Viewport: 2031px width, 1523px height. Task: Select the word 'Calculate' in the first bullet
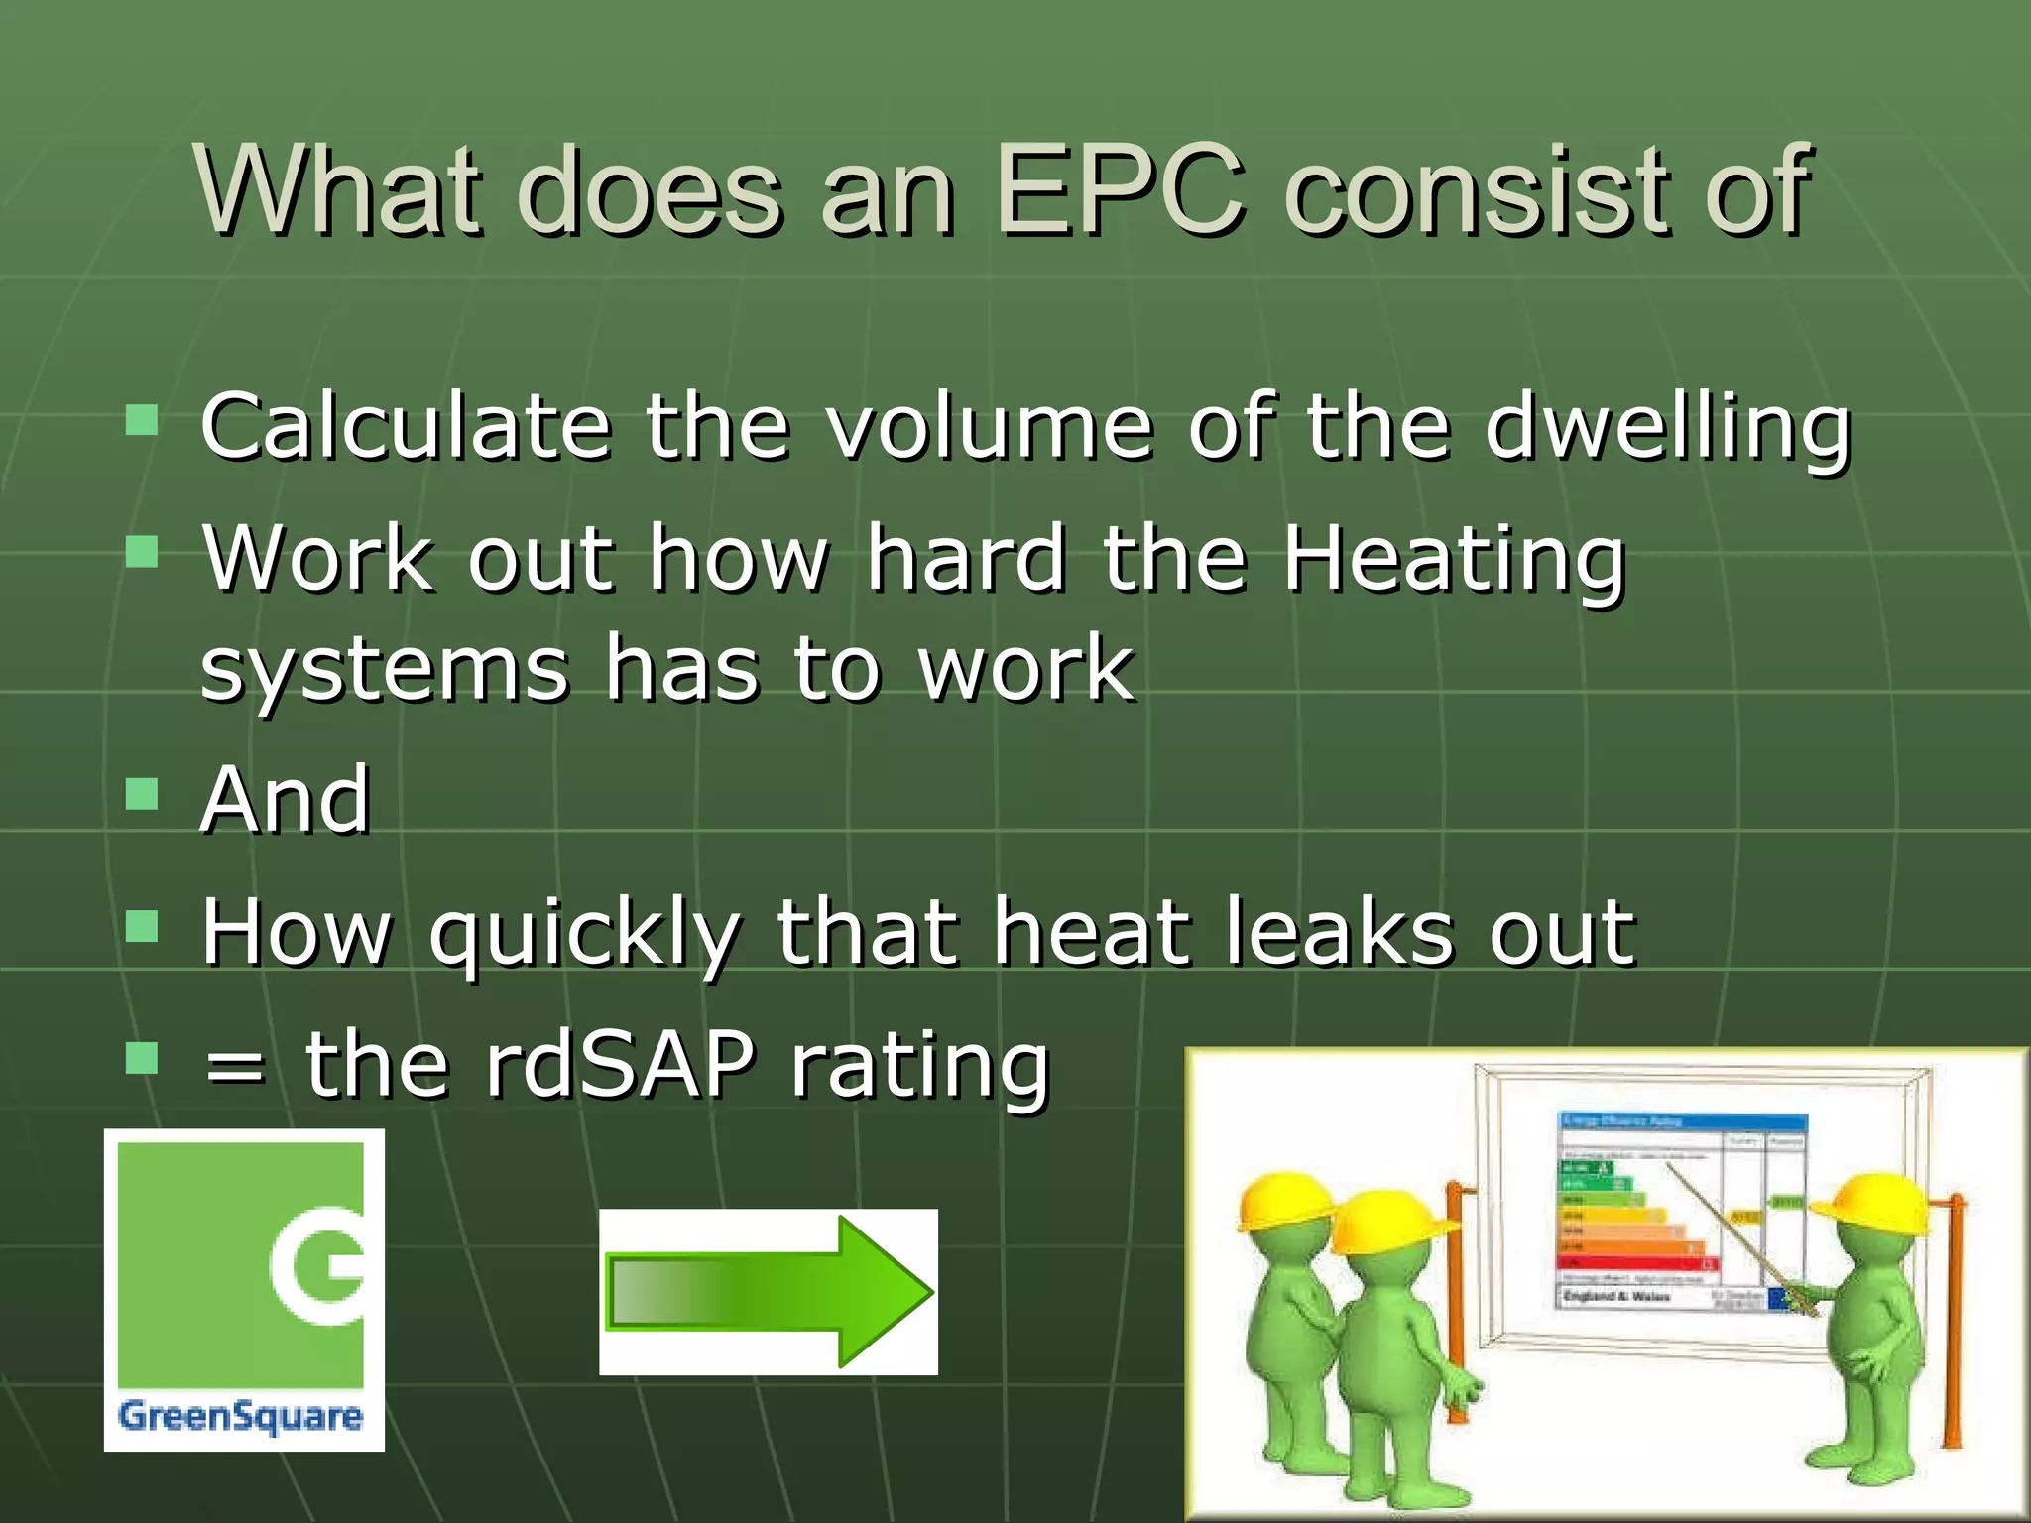coord(405,426)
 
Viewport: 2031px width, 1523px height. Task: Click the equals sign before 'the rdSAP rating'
coord(234,1069)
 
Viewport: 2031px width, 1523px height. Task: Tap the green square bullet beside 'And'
coord(143,793)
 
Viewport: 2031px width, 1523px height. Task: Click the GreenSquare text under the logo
coord(240,1415)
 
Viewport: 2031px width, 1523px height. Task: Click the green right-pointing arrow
coord(770,1292)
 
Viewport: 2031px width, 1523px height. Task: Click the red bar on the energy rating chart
coord(1636,1262)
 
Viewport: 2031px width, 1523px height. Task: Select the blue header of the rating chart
coord(1682,1121)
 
